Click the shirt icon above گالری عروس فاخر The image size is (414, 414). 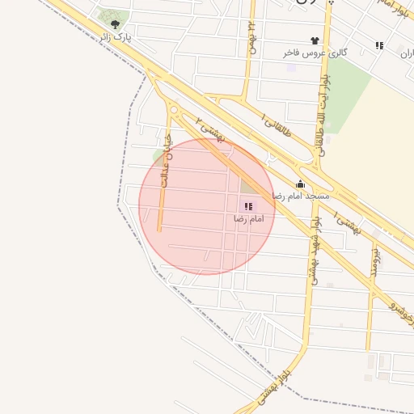315,40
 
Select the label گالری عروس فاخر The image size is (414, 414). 315,53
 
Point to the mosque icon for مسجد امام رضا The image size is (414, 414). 301,184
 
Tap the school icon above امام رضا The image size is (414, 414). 247,206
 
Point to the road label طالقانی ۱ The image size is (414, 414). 277,121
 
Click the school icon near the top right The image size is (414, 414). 379,45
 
